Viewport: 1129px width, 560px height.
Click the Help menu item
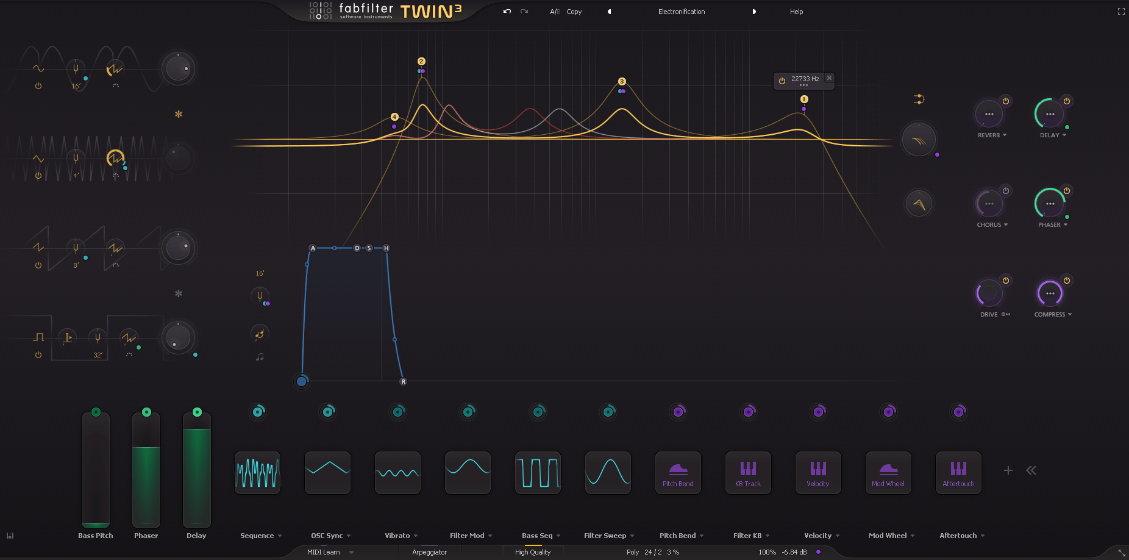click(796, 12)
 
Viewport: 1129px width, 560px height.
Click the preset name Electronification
click(681, 12)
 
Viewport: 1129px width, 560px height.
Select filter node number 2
click(421, 62)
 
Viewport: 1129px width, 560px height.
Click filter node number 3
click(622, 82)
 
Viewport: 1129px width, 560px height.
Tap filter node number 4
click(394, 117)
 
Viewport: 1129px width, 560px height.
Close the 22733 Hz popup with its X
click(829, 78)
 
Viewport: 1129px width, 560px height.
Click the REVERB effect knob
click(989, 114)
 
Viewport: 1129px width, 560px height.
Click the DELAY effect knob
click(1049, 114)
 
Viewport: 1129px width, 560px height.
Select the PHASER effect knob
click(1049, 204)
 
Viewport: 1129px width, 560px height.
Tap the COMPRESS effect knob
click(1049, 293)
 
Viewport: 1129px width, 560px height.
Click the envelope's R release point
click(403, 382)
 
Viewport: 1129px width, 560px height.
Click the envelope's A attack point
click(313, 248)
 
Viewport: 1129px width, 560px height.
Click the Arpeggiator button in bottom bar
click(429, 552)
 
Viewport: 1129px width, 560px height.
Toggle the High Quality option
click(532, 552)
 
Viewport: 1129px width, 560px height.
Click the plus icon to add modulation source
click(1008, 470)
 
